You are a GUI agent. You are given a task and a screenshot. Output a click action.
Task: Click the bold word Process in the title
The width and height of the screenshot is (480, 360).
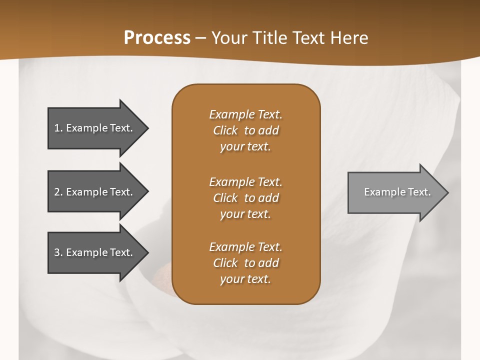coord(157,38)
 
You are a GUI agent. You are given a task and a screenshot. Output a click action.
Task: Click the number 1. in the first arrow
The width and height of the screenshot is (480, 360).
coord(58,128)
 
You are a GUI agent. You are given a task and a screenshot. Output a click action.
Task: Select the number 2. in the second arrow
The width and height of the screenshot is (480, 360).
coord(58,192)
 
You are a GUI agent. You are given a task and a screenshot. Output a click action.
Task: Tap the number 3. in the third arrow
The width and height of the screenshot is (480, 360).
coord(58,252)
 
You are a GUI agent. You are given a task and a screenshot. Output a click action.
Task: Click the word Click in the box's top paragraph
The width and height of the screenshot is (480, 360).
coord(225,130)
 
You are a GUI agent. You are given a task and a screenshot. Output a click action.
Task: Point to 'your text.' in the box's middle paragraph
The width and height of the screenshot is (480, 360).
coord(245,214)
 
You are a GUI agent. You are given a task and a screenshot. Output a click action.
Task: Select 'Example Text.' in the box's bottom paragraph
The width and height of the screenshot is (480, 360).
coord(245,247)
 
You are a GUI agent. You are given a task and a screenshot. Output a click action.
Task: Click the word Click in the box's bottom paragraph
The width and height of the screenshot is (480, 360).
coord(225,263)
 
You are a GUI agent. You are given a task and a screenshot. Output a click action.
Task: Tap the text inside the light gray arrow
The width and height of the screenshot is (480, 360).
coord(397,192)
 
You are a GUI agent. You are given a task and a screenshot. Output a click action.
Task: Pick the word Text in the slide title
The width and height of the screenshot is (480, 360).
coord(308,38)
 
